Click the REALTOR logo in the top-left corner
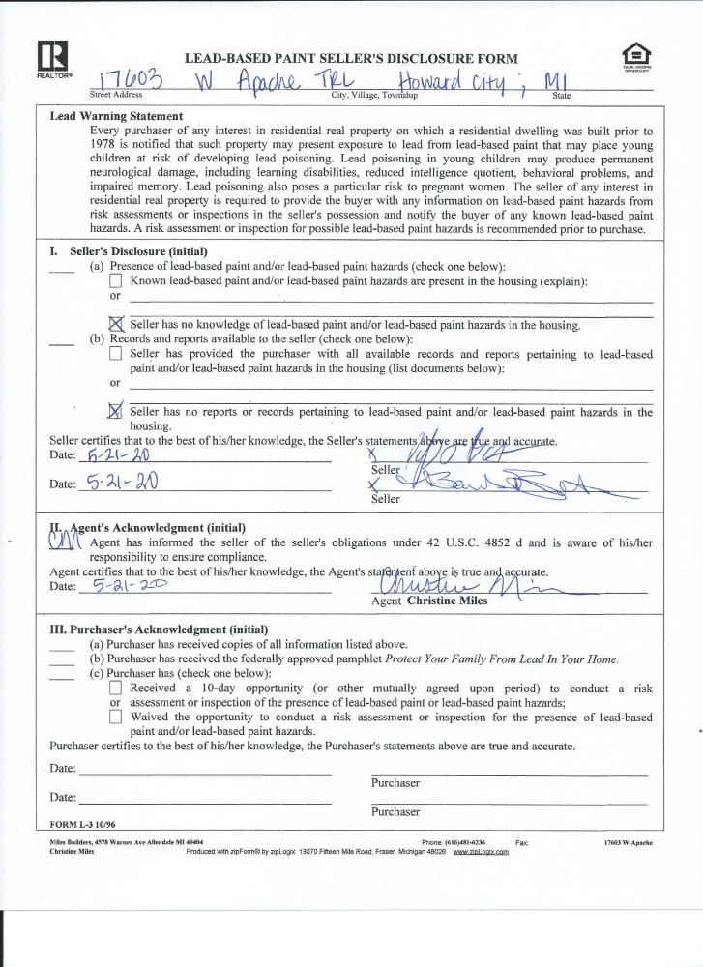pos(48,59)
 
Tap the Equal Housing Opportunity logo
pos(636,56)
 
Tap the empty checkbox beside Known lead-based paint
pos(116,282)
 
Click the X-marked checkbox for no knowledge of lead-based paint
pos(117,324)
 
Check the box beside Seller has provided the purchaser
pos(116,355)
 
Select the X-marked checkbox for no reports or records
pos(117,411)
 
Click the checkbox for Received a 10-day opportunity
pos(116,688)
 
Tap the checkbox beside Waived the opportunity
pos(116,718)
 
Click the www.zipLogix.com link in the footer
pos(481,852)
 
